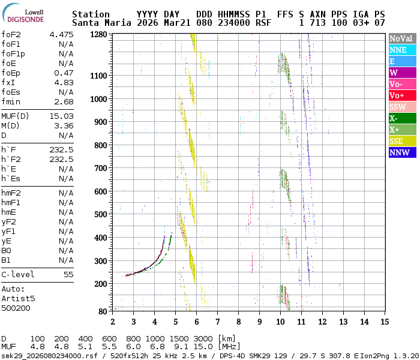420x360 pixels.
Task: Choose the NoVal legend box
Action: pos(401,38)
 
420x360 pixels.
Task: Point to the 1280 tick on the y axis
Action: pos(99,34)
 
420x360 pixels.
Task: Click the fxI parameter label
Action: pos(9,82)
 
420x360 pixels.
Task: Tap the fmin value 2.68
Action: pos(63,101)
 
